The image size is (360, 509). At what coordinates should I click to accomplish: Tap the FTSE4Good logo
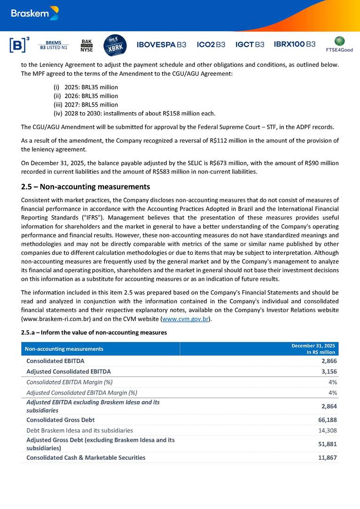pos(339,44)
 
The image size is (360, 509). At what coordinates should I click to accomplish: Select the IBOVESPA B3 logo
pos(161,45)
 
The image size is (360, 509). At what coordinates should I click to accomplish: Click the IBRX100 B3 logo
pos(295,44)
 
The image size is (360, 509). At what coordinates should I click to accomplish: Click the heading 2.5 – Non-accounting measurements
pos(86,187)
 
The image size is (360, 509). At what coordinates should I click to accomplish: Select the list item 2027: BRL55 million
pos(91,105)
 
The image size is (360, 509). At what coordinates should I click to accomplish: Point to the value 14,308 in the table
pos(327,430)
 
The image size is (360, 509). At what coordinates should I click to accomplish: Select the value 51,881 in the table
pos(327,444)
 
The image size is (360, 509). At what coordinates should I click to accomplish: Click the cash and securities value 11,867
pos(327,457)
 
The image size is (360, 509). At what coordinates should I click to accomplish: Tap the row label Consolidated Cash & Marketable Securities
pos(86,457)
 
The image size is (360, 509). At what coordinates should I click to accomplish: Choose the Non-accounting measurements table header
pos(65,349)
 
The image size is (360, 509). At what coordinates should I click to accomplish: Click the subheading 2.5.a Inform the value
pos(94,333)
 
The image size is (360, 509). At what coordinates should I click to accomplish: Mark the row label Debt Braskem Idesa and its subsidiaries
pos(80,430)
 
